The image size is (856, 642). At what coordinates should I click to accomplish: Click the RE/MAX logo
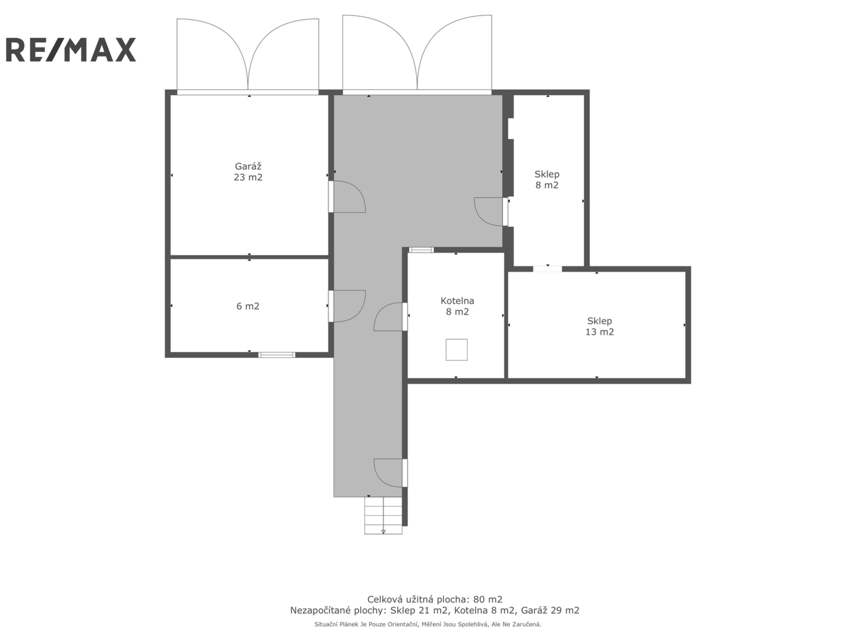(x=71, y=49)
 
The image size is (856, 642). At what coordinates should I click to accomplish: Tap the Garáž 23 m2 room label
(x=248, y=172)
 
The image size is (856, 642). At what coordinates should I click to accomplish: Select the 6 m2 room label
(x=248, y=306)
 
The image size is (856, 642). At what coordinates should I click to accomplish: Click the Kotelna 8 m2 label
(x=457, y=306)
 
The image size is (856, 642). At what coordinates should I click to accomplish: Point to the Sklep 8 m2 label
(x=547, y=180)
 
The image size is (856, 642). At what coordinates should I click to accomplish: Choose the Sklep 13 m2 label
(x=599, y=326)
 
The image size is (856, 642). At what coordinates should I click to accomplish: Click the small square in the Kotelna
(x=457, y=350)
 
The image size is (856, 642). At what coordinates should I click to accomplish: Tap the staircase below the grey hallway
(x=383, y=515)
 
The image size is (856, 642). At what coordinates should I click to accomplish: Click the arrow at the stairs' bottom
(x=383, y=531)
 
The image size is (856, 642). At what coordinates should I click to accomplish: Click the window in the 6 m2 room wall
(x=276, y=355)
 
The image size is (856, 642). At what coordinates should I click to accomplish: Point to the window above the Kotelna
(x=421, y=250)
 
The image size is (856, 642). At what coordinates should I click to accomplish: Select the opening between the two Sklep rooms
(x=547, y=269)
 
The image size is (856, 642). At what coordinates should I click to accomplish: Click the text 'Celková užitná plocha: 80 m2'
(x=435, y=600)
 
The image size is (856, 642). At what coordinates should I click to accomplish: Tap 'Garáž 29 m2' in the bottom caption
(x=550, y=610)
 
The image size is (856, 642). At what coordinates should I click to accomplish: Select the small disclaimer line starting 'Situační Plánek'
(x=428, y=624)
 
